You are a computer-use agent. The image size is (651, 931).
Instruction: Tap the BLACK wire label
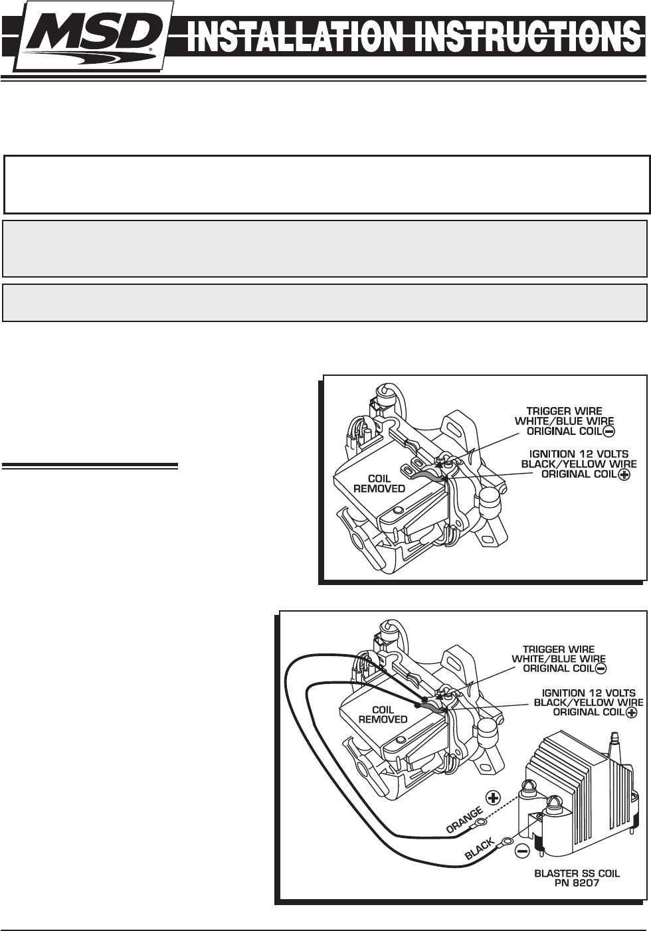coord(480,849)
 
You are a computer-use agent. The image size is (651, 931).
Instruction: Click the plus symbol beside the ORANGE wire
coord(493,797)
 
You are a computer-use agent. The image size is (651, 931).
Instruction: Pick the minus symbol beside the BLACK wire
coord(522,851)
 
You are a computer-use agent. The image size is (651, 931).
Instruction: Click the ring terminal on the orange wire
coord(480,821)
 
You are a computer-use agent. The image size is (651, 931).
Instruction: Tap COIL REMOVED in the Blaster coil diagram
coord(383,715)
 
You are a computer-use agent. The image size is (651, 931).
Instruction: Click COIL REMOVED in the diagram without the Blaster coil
coord(379,484)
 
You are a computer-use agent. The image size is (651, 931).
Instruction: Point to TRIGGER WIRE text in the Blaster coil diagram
coord(558,649)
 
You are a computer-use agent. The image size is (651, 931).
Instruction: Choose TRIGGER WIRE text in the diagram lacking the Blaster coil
coord(564,412)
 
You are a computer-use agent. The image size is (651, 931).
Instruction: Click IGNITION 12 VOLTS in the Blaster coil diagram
coord(589,693)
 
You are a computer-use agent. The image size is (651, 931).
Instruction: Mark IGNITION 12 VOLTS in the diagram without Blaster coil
coord(579,454)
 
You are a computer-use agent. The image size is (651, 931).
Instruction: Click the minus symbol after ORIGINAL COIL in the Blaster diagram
coord(601,669)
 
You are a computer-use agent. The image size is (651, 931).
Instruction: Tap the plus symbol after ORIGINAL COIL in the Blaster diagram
coord(631,713)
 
